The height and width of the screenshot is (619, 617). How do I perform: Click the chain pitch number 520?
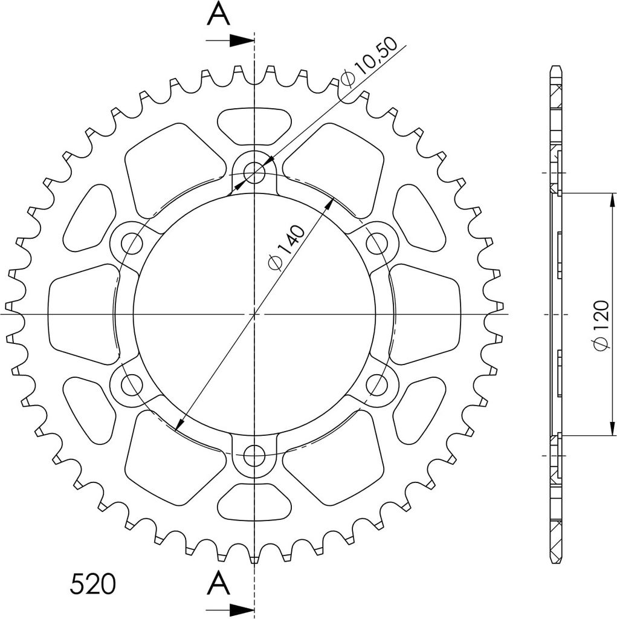(x=93, y=585)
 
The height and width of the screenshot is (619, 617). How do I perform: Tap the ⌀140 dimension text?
(x=286, y=248)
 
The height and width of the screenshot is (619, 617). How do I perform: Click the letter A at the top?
(x=219, y=14)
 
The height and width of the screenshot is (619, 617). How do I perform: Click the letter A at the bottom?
(x=219, y=584)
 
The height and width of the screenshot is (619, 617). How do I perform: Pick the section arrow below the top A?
(x=230, y=41)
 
